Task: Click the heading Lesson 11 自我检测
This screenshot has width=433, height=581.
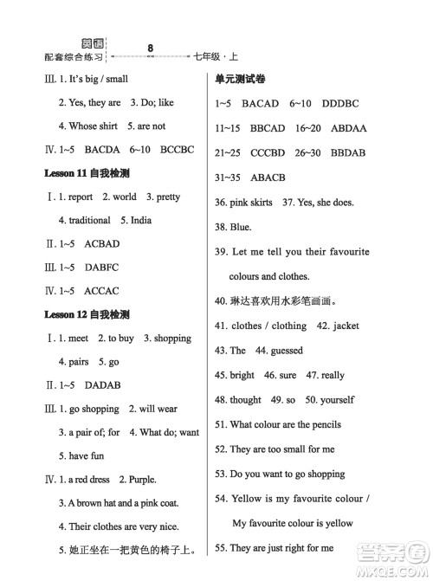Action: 87,173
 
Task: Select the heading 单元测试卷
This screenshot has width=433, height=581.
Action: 241,80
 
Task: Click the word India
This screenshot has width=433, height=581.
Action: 136,220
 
